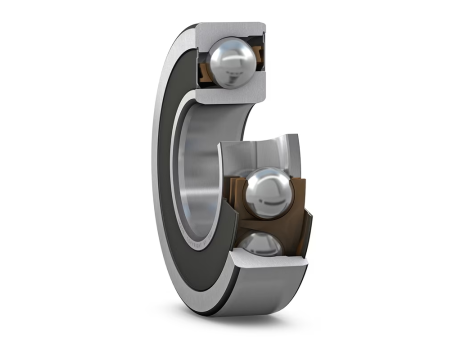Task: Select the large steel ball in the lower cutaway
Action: [268, 190]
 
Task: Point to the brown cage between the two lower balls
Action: [262, 222]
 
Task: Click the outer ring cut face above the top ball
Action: [240, 30]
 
